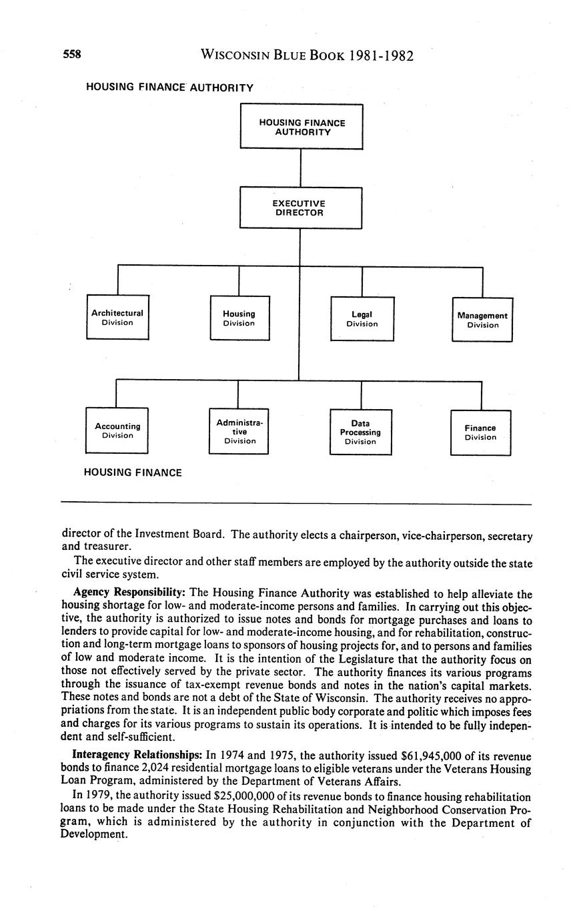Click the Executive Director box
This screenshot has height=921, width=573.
coord(301,208)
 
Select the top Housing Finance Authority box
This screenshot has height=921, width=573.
coord(302,127)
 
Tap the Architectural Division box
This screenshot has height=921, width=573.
coord(117,318)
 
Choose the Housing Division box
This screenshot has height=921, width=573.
coord(239,318)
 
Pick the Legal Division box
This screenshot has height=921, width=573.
coord(362,319)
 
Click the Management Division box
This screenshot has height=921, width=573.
coord(482,320)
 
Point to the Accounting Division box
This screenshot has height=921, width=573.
coord(117,430)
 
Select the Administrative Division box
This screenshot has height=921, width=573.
coord(239,431)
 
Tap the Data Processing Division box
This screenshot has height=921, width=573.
coord(360,432)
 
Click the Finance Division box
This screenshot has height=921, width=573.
coord(480,432)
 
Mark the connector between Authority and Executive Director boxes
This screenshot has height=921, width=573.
coord(301,168)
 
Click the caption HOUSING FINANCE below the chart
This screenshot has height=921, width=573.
coord(133,473)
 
